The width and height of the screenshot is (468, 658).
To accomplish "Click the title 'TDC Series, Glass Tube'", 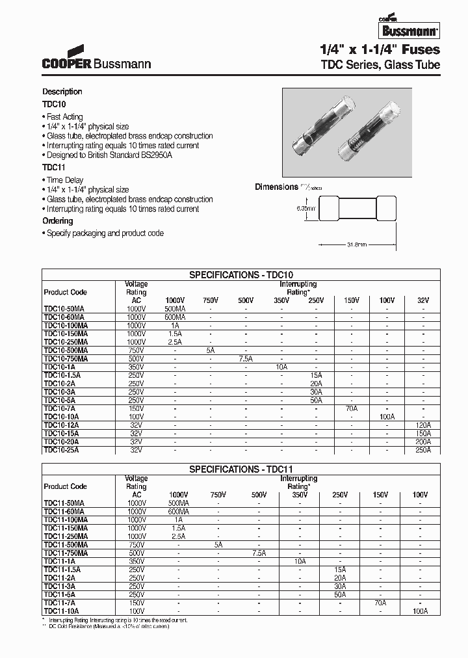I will [380, 65].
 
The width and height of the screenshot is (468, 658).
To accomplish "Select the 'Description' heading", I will [62, 92].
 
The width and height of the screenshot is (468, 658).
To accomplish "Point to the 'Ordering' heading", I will [58, 221].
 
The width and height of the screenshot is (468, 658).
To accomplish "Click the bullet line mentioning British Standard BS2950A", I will [112, 156].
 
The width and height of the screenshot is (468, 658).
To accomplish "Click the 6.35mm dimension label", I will [305, 209].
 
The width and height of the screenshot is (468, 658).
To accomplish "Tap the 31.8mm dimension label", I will [356, 244].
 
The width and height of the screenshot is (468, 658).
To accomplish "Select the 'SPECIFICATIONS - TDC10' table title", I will [241, 275].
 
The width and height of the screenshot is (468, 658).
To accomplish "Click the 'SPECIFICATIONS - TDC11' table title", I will [241, 469].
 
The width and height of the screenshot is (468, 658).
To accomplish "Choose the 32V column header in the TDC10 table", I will [423, 300].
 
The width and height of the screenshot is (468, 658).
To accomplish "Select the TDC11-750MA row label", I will [66, 553].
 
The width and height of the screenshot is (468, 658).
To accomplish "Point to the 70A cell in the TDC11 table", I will [380, 603].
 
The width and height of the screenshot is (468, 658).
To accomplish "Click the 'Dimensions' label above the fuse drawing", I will [276, 187].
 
